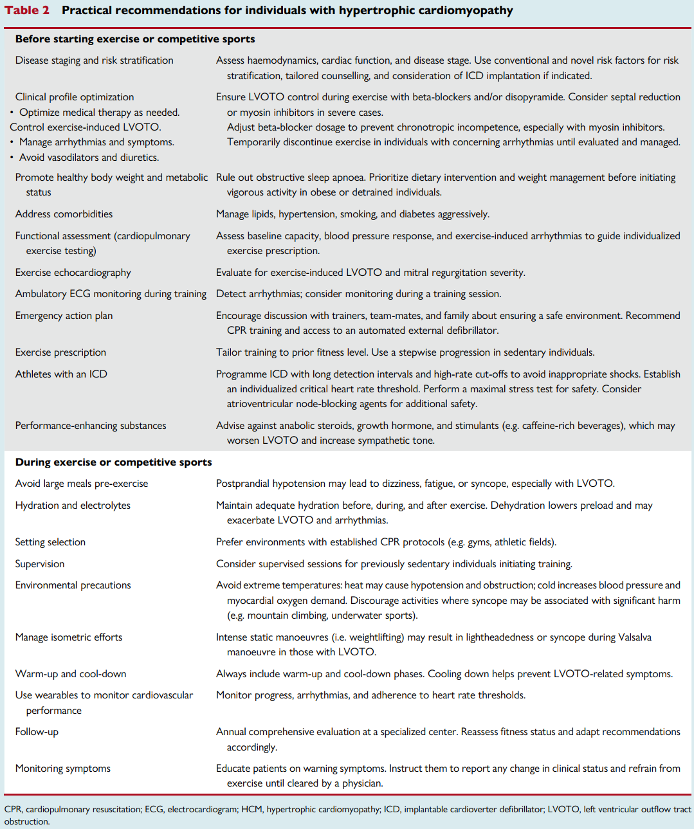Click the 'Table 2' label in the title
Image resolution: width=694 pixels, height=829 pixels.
(27, 10)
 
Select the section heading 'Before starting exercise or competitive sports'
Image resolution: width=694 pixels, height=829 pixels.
(135, 39)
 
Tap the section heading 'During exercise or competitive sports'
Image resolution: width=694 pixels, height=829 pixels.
(113, 462)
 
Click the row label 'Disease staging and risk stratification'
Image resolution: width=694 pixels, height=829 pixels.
(94, 60)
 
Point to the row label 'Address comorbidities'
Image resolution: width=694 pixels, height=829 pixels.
(64, 214)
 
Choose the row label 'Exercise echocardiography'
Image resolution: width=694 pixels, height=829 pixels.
(73, 273)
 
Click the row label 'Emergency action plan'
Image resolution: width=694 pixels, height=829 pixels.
(64, 316)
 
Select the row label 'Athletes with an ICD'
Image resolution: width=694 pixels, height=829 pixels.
(61, 374)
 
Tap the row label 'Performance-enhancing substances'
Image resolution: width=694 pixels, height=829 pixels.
(91, 426)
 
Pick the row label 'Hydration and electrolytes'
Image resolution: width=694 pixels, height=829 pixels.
(73, 506)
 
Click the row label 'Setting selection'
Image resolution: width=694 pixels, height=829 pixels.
(50, 542)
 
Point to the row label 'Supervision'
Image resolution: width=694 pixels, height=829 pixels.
(40, 564)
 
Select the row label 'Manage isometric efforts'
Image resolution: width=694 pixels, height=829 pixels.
(69, 637)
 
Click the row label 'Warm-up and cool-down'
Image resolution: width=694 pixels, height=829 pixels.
(71, 674)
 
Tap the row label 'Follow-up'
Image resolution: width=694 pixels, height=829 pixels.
(37, 732)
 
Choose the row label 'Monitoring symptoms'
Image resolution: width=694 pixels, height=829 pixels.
(63, 769)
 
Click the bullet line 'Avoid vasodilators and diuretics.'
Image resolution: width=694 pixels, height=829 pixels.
(89, 158)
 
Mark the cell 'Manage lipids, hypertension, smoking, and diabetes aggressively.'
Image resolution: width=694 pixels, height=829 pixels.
(352, 214)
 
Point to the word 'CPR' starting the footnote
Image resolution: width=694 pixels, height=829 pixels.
(13, 810)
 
